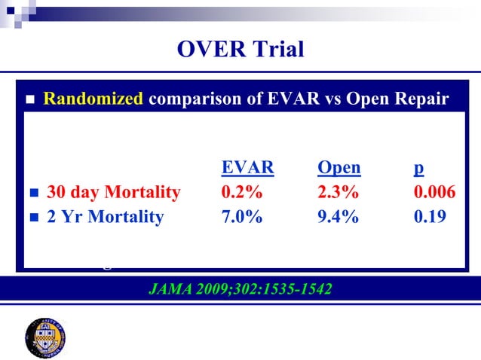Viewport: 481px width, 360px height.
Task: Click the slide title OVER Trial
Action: pyautogui.click(x=240, y=50)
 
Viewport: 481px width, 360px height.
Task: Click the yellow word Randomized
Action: pyautogui.click(x=93, y=99)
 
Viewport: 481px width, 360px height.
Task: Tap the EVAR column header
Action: pyautogui.click(x=247, y=167)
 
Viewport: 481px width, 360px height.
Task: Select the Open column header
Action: pyautogui.click(x=339, y=167)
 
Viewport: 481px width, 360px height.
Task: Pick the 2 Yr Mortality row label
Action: pyautogui.click(x=105, y=218)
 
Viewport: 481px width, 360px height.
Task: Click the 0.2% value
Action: pyautogui.click(x=241, y=193)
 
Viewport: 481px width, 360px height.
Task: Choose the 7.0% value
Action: pyautogui.click(x=241, y=218)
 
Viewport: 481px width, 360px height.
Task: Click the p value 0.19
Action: pyautogui.click(x=430, y=218)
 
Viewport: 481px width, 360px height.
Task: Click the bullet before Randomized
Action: pyautogui.click(x=31, y=100)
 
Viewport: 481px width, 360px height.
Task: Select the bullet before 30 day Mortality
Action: pyautogui.click(x=31, y=194)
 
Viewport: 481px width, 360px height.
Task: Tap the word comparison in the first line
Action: pyautogui.click(x=191, y=99)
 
